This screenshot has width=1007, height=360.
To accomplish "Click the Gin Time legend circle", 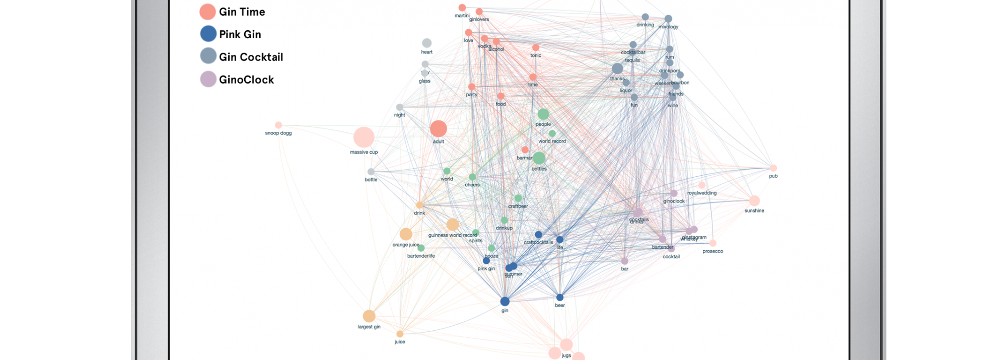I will [207, 12].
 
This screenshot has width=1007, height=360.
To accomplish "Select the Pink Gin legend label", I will [240, 34].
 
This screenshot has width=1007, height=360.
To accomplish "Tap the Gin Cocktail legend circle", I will [208, 56].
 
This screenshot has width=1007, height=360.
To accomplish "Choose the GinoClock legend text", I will [246, 80].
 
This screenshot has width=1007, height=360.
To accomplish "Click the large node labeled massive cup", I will [364, 137].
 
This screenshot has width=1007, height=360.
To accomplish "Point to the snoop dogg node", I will [278, 125].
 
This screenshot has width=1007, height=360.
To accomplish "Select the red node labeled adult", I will [439, 129].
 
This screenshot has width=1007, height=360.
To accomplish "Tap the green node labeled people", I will [543, 114].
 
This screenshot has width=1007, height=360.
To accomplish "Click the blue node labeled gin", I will [505, 302].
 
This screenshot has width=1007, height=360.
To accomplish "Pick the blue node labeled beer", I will [560, 298].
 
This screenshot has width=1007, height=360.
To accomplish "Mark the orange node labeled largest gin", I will [369, 316].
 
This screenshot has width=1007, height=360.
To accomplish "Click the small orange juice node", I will [400, 334].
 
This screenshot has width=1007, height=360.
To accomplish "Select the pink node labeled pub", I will [773, 168].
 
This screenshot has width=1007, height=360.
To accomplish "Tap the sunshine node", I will [754, 201].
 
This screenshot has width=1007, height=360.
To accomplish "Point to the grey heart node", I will [426, 43].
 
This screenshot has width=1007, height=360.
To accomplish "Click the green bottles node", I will [539, 159].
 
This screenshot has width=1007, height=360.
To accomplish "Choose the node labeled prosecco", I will [713, 243].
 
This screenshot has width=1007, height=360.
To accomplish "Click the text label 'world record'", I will [552, 141].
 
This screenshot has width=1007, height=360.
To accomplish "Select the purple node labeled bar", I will [625, 261].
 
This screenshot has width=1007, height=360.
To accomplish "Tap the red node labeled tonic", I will [536, 48].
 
